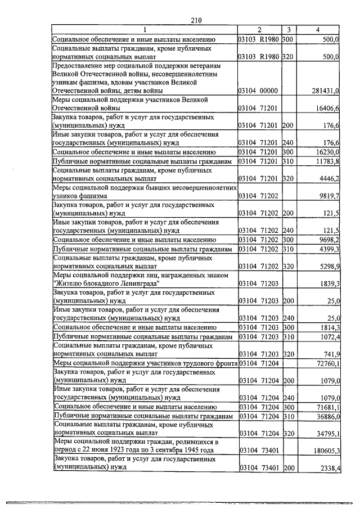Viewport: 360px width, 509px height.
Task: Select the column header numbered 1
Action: (144, 30)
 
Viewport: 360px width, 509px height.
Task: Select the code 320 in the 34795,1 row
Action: (289, 433)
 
